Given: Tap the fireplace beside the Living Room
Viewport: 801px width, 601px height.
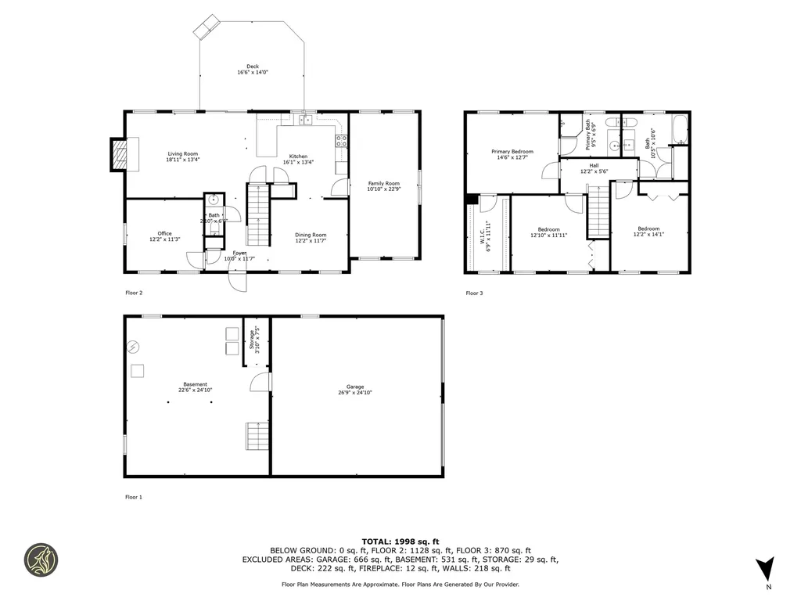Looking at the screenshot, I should pyautogui.click(x=118, y=153).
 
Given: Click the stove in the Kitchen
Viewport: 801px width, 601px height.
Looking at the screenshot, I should pyautogui.click(x=342, y=142).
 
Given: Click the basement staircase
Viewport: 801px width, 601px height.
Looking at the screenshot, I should pyautogui.click(x=257, y=434).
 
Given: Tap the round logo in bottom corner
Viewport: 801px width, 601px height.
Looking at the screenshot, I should pyautogui.click(x=41, y=560).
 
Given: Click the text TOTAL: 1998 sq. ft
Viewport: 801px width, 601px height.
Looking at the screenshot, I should pyautogui.click(x=400, y=542).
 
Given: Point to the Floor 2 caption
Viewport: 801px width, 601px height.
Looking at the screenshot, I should pyautogui.click(x=134, y=293).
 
